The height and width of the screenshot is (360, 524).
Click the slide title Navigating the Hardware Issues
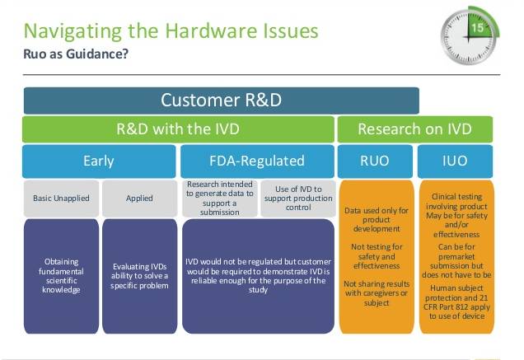(x=171, y=31)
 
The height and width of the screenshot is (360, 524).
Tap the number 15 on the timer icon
(x=478, y=28)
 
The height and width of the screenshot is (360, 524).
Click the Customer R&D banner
(x=221, y=101)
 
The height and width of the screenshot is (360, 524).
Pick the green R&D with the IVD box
(x=177, y=129)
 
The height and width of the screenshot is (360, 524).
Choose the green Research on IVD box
(x=414, y=129)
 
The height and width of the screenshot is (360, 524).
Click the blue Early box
(x=99, y=161)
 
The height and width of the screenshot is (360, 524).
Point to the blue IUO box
(x=455, y=161)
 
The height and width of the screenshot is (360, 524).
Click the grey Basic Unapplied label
(x=59, y=199)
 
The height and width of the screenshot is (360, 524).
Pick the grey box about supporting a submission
(x=219, y=199)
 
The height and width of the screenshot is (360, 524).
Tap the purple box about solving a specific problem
(x=139, y=275)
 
